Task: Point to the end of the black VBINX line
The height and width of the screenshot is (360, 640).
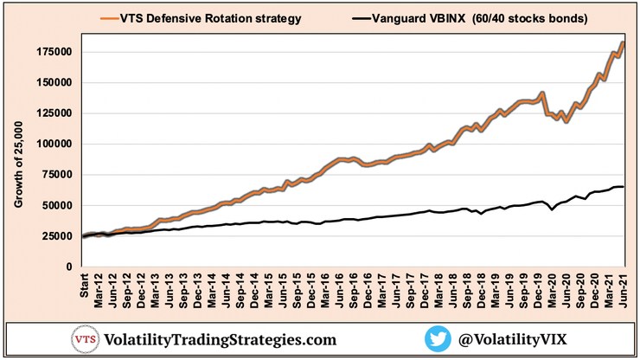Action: tap(623, 187)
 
